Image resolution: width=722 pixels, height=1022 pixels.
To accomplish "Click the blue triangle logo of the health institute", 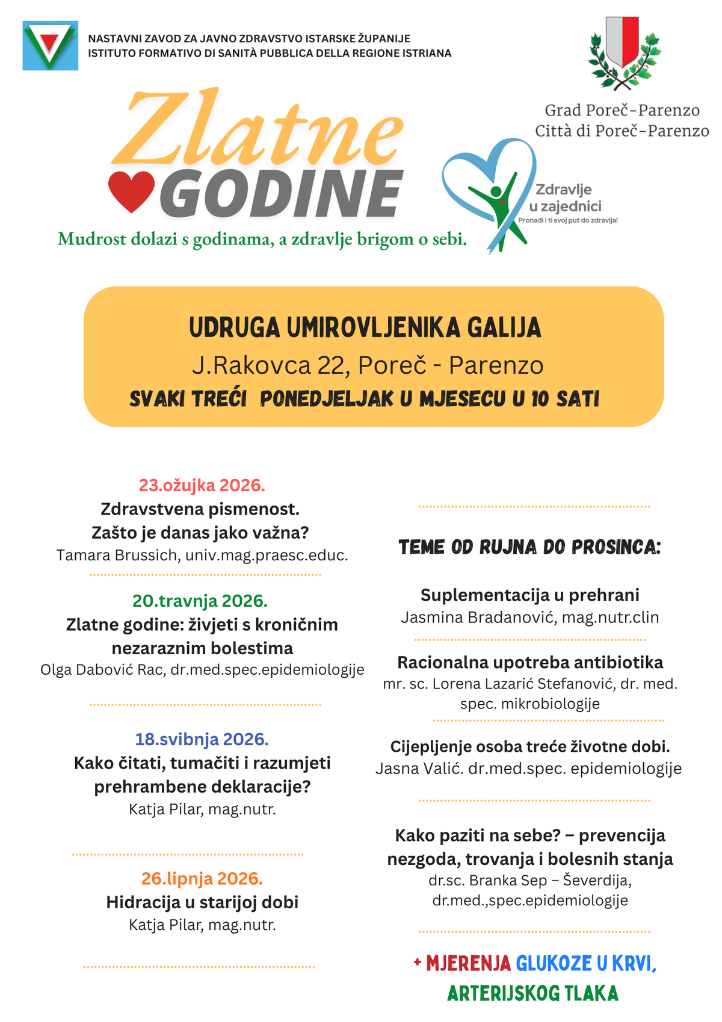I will (50, 46).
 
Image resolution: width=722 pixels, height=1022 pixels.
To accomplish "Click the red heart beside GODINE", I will (132, 191).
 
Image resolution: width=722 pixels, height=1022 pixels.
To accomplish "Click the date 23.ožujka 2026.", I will (202, 485).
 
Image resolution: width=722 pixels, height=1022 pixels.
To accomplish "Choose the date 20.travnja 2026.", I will (200, 601).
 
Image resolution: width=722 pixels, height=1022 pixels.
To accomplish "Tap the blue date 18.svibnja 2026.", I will (202, 739).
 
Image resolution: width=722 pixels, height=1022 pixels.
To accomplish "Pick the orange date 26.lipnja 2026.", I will (202, 879).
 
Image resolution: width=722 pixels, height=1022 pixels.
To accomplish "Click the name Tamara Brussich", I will (117, 555).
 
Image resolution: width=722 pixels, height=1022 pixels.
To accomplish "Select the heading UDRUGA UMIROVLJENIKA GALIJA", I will (365, 329).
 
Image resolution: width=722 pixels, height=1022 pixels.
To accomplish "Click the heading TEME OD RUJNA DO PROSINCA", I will (529, 547).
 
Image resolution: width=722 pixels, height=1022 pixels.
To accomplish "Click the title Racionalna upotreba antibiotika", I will (530, 662).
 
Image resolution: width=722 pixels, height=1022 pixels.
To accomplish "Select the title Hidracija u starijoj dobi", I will (202, 902).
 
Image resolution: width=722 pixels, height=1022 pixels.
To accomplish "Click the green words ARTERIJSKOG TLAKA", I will (532, 993).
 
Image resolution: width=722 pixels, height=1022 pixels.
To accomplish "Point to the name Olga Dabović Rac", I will (102, 670).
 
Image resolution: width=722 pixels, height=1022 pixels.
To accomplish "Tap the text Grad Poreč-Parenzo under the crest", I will (622, 110).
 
